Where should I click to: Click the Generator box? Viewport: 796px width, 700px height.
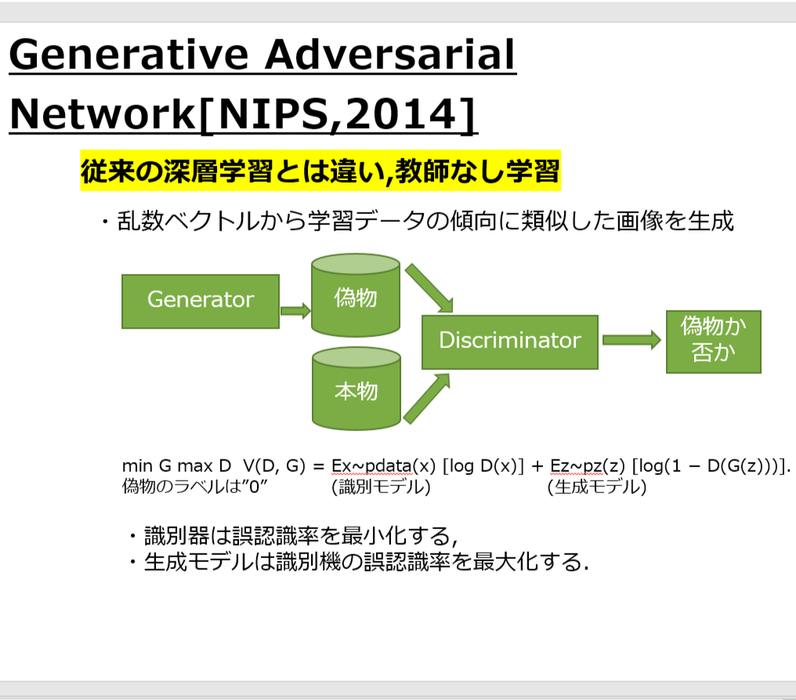[x=201, y=301]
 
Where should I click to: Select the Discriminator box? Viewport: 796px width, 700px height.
[x=510, y=342]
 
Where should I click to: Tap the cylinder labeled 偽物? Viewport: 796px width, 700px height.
[x=356, y=296]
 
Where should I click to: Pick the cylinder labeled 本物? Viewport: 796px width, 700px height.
[x=356, y=389]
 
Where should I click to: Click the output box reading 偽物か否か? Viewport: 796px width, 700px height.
[x=713, y=341]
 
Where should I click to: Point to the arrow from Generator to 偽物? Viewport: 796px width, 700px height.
[x=295, y=310]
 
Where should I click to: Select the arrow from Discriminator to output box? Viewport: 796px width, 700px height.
[x=631, y=340]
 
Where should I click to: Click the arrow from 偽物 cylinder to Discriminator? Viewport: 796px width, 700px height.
[x=429, y=288]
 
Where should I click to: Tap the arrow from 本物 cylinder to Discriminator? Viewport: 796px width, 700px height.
[x=427, y=399]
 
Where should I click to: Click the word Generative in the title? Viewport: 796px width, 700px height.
[x=128, y=55]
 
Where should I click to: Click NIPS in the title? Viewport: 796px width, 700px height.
[x=273, y=114]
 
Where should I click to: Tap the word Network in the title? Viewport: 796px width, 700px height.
[x=102, y=114]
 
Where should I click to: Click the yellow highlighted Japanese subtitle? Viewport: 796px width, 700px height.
[x=320, y=171]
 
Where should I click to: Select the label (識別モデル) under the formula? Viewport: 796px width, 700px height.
[x=381, y=487]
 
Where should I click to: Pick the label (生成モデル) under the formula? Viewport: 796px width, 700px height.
[x=597, y=487]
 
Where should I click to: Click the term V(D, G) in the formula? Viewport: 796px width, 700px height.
[x=274, y=466]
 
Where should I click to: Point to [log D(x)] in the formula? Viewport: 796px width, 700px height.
[x=483, y=466]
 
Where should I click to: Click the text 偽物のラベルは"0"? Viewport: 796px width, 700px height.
[x=194, y=487]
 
